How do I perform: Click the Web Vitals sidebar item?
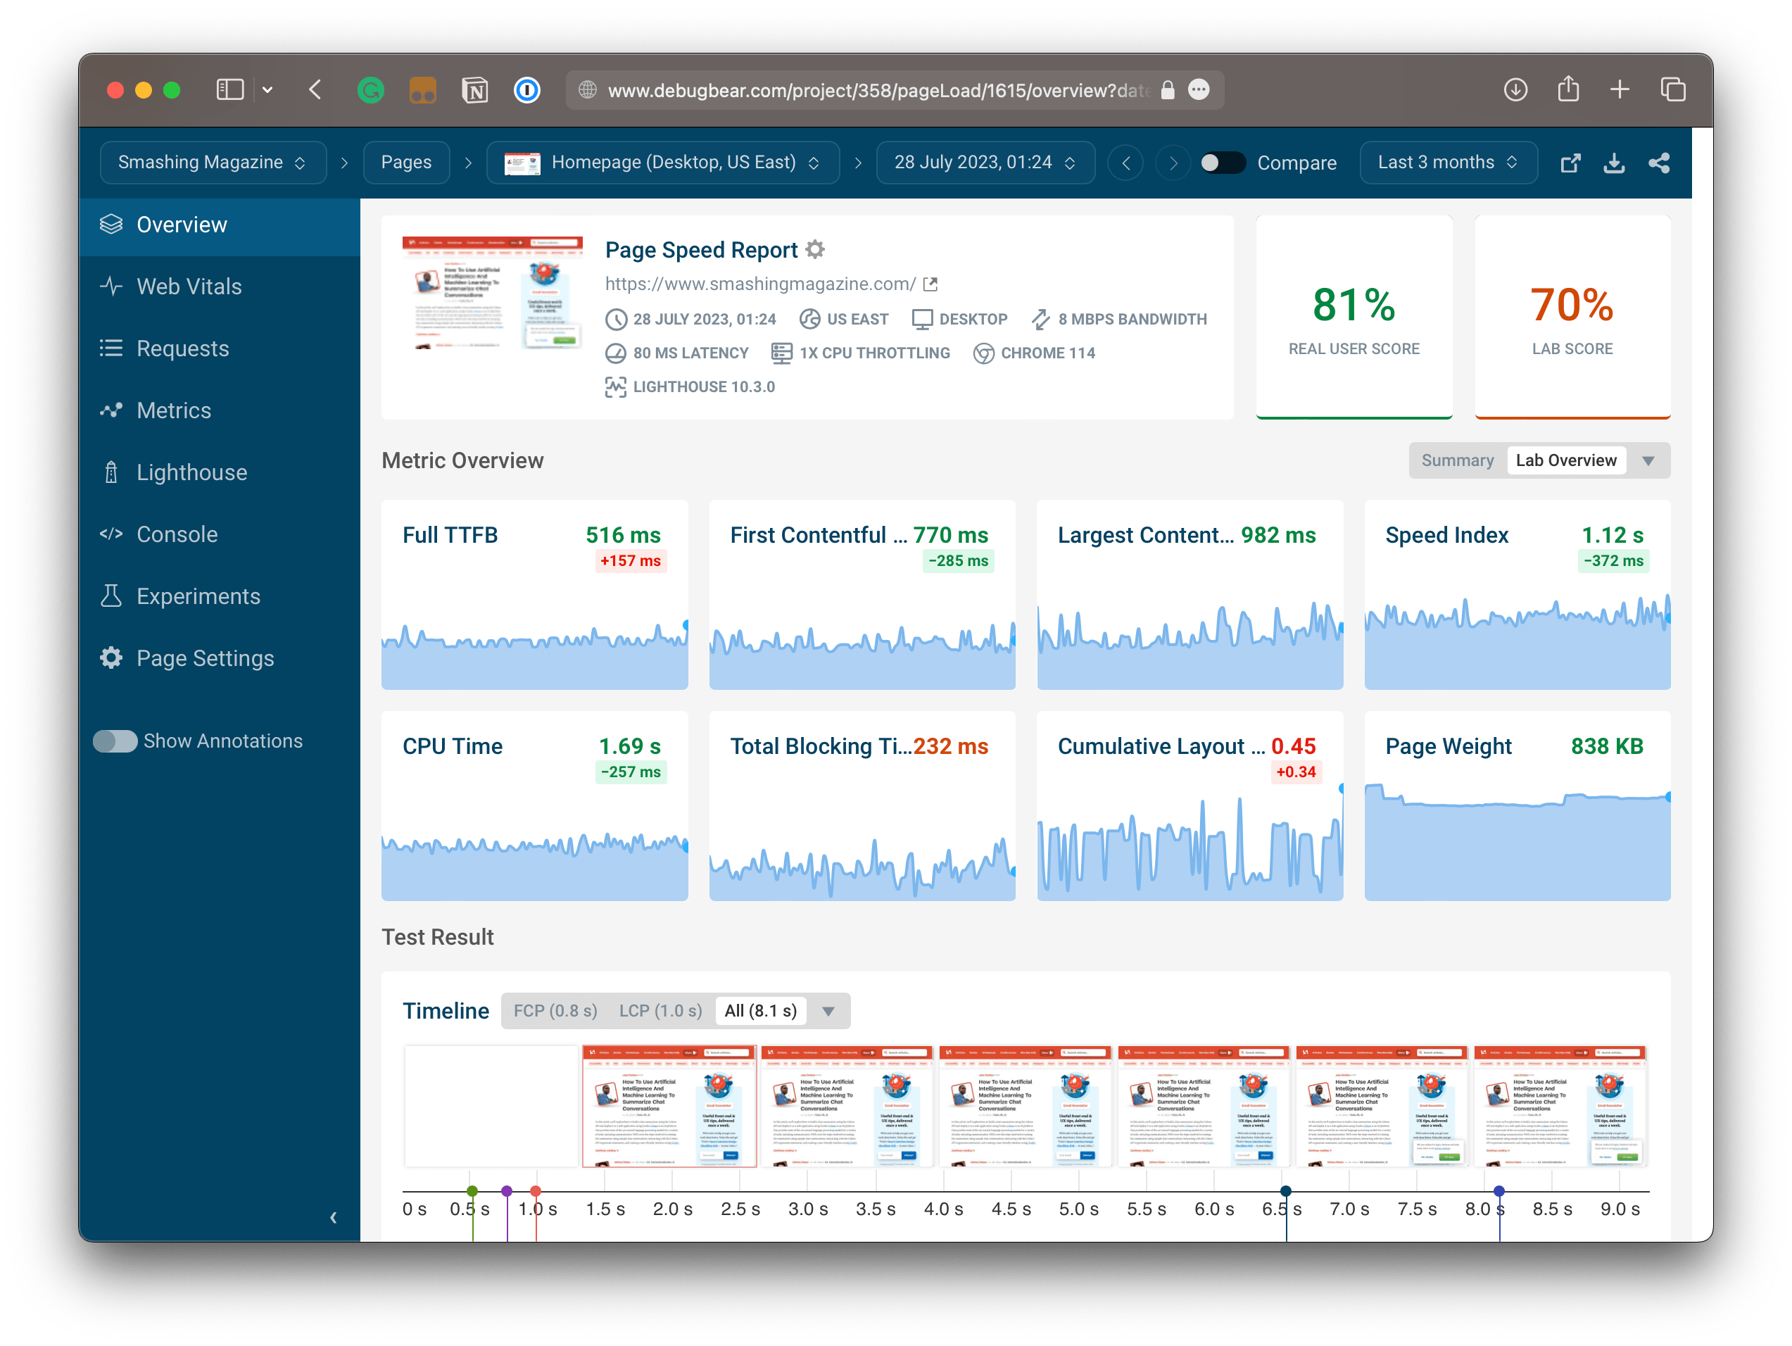click(x=188, y=286)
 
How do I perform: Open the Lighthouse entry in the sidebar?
click(x=191, y=472)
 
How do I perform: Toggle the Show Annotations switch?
click(x=115, y=741)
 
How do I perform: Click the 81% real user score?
click(x=1353, y=306)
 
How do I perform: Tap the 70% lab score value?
click(x=1572, y=306)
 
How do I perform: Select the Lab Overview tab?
click(x=1565, y=460)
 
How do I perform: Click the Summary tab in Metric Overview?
click(x=1456, y=460)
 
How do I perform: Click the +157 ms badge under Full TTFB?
click(x=629, y=561)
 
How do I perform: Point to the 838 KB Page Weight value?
click(x=1606, y=746)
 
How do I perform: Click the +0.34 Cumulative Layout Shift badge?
click(x=1295, y=772)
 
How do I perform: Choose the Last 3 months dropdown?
click(x=1447, y=162)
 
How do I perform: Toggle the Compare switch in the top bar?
click(x=1222, y=163)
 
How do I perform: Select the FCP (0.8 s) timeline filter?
click(x=555, y=1010)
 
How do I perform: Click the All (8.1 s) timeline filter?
click(x=760, y=1010)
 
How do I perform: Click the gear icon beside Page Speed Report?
click(x=815, y=250)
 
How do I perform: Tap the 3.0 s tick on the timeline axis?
click(x=808, y=1209)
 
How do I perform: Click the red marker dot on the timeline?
click(x=536, y=1190)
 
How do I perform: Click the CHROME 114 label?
click(x=1047, y=353)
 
